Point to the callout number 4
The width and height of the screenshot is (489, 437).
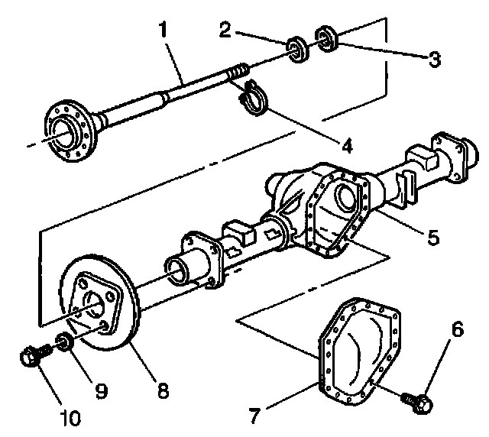coord(348,143)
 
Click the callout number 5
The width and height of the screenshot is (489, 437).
coord(433,238)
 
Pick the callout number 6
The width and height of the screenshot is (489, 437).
coord(457,329)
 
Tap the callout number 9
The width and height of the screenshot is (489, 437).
coord(101,391)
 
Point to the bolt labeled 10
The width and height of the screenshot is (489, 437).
coord(33,355)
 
